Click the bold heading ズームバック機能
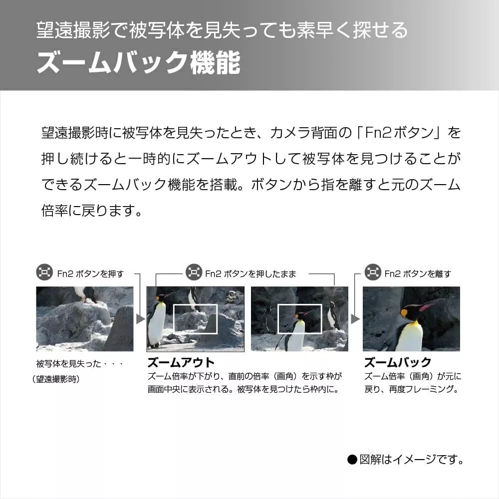[x=138, y=62]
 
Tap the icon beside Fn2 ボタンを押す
[x=44, y=272]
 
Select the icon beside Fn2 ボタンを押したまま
[x=194, y=272]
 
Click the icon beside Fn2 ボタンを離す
[x=373, y=272]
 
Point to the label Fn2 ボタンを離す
[x=418, y=273]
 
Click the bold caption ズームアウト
[x=181, y=362]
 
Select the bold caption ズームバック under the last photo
[x=398, y=362]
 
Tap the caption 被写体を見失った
[x=68, y=364]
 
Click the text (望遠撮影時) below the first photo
[x=56, y=379]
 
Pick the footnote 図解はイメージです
[x=411, y=460]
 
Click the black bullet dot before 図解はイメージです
[x=352, y=460]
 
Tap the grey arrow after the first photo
[x=140, y=319]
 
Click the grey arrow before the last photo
[x=355, y=319]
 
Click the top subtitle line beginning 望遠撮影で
[x=222, y=30]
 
